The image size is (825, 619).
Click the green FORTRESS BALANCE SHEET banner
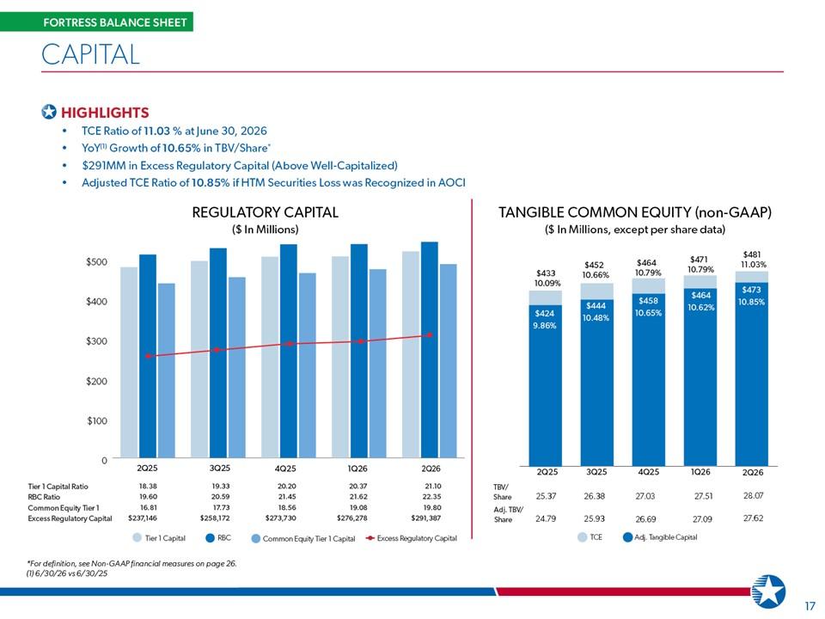click(96, 22)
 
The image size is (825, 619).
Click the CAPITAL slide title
click(90, 54)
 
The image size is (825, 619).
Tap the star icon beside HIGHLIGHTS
click(49, 112)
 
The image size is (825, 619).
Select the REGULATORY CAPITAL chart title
click(266, 212)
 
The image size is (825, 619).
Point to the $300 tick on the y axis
click(96, 341)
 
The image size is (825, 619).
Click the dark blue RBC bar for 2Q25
click(147, 356)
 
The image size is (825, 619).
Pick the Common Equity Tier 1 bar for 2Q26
click(449, 360)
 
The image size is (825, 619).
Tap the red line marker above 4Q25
click(289, 344)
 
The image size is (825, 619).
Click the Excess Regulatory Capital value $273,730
click(282, 518)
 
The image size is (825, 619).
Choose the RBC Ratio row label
click(44, 497)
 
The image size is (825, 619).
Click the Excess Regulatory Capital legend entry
click(411, 538)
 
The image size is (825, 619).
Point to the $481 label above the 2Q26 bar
click(751, 254)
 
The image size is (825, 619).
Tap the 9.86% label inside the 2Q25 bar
click(545, 325)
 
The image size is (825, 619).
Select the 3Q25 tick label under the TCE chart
click(596, 472)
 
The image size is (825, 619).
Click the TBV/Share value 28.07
click(753, 495)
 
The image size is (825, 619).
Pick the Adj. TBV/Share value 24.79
click(546, 518)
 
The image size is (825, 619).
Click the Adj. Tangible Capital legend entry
click(660, 536)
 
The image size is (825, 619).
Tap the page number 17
click(810, 606)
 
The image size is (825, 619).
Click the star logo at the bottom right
click(768, 591)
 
